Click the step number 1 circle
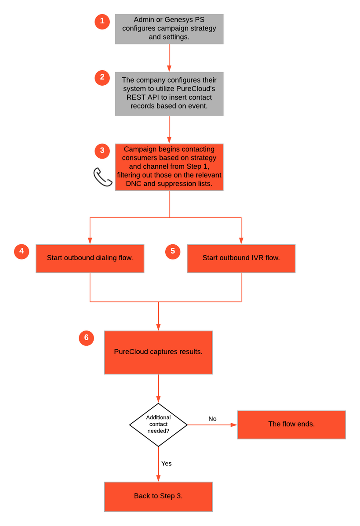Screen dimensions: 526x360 (102, 22)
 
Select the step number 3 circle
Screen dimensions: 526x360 (102, 151)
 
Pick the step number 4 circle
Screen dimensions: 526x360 (21, 251)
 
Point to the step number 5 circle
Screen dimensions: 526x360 (173, 251)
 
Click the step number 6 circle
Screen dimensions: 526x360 (86, 338)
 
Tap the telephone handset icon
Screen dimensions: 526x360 (103, 177)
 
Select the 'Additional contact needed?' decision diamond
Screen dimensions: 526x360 (158, 424)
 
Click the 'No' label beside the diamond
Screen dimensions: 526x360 (212, 419)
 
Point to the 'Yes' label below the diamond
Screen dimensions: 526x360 (167, 463)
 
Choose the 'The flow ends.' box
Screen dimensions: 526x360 (291, 424)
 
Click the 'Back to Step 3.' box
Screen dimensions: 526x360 (158, 497)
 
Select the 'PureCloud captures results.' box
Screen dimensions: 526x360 (158, 352)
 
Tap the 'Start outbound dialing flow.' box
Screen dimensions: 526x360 (90, 258)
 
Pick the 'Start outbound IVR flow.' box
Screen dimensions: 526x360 (241, 258)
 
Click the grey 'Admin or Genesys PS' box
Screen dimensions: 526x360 (169, 29)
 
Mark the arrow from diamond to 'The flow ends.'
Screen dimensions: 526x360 (212, 425)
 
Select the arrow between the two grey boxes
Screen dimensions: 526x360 (169, 58)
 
